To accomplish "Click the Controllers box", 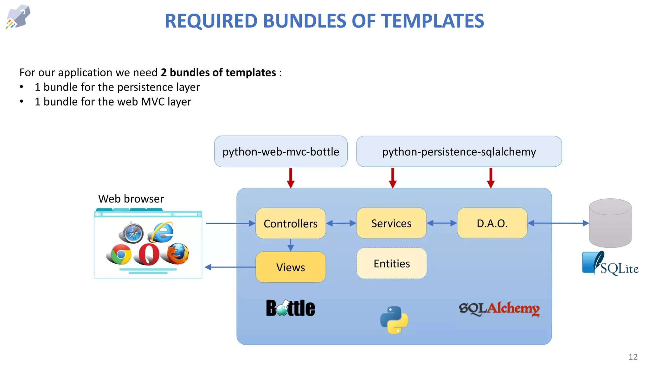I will coord(290,223).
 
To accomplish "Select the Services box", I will coord(391,223).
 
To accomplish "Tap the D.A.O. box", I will coord(492,223).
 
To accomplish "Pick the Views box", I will coord(290,267).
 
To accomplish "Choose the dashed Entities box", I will coord(391,264).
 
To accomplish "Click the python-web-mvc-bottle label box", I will coord(281,152).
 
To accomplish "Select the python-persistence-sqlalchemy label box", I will coord(459,152).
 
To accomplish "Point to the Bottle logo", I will coord(290,308).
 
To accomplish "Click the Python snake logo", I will coord(394,320).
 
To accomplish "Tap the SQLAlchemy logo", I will coord(499,309).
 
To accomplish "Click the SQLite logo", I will coord(610,264).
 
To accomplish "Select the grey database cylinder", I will coord(610,223).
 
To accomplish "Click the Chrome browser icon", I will coord(119,254).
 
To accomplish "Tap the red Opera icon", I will coord(147,254).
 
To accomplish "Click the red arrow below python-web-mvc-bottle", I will coord(291,178).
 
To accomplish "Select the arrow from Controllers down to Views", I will coord(291,245).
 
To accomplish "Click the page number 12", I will coord(633,357).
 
